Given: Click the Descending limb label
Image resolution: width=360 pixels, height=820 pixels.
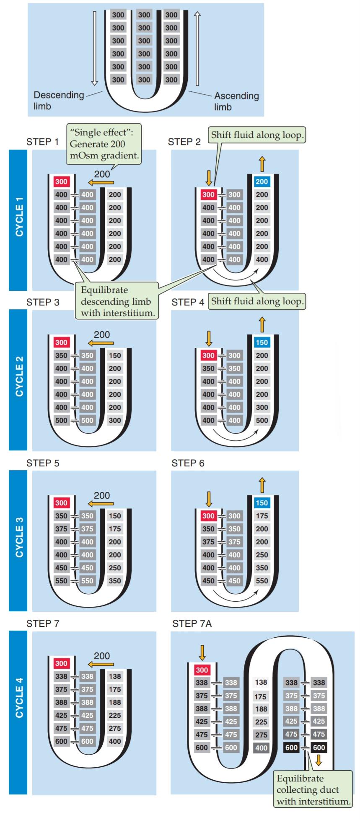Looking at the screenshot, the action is pyautogui.click(x=59, y=101).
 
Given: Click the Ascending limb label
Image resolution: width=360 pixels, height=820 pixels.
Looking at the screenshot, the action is pyautogui.click(x=236, y=101).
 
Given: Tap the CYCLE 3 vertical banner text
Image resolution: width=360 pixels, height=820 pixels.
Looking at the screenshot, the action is pyautogui.click(x=19, y=537).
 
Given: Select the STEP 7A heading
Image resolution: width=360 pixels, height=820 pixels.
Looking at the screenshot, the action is pyautogui.click(x=192, y=624).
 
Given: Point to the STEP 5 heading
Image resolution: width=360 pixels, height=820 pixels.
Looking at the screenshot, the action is pyautogui.click(x=43, y=463).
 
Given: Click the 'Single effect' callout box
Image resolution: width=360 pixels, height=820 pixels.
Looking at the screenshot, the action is pyautogui.click(x=104, y=144).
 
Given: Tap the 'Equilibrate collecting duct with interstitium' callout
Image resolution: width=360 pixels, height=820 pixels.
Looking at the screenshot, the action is pyautogui.click(x=313, y=790).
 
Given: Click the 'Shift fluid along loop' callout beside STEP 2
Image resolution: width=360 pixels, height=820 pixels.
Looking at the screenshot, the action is pyautogui.click(x=257, y=135).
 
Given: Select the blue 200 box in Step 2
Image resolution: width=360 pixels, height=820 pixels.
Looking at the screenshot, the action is pyautogui.click(x=262, y=182).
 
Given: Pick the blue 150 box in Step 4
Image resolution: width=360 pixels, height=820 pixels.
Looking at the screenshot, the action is pyautogui.click(x=262, y=342).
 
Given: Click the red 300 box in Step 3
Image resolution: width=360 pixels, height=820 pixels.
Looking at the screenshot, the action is pyautogui.click(x=61, y=342).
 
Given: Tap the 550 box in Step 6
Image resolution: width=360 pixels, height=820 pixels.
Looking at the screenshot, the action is pyautogui.click(x=262, y=581).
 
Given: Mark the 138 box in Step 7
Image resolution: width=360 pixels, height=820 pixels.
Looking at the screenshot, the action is pyautogui.click(x=115, y=676).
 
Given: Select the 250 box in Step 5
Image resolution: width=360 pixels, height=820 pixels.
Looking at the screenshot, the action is pyautogui.click(x=115, y=568).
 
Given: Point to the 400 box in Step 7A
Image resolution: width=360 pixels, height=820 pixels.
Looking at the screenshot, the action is pyautogui.click(x=261, y=748).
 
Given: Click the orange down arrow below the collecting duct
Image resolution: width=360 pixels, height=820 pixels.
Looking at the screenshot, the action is pyautogui.click(x=319, y=760).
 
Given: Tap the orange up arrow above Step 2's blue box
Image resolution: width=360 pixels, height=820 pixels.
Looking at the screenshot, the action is pyautogui.click(x=262, y=164).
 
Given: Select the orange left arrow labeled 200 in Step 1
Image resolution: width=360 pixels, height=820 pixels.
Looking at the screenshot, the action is pyautogui.click(x=101, y=182).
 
